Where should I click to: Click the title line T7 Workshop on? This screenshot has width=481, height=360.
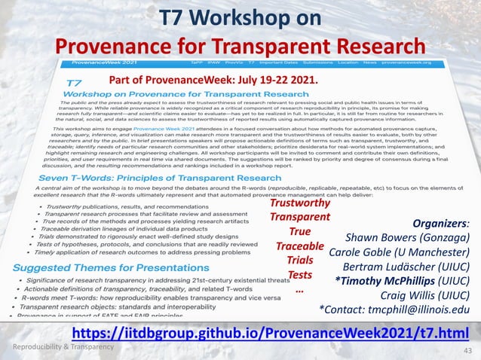pos(240,18)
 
